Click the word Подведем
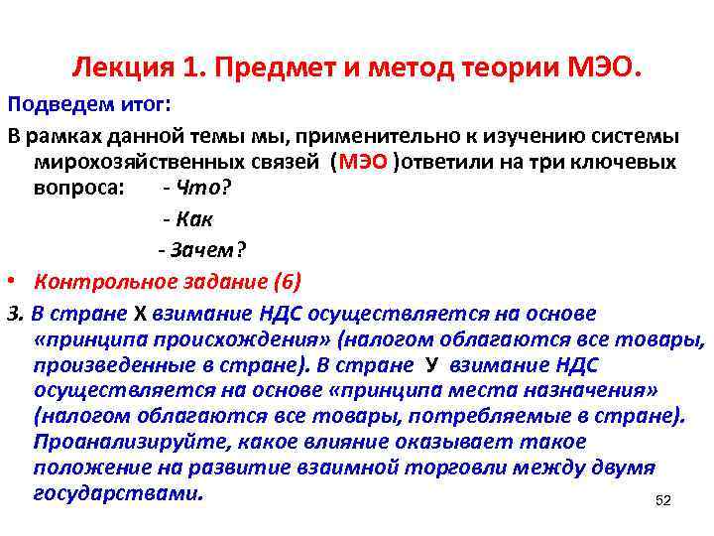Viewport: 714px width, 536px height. pos(48,105)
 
